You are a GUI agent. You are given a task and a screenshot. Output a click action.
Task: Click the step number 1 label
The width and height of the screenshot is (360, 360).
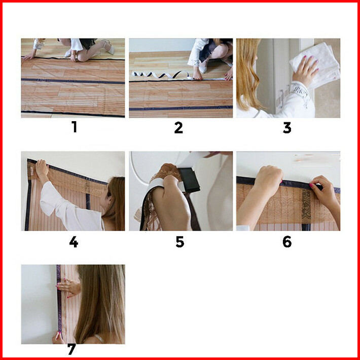pyautogui.click(x=75, y=127)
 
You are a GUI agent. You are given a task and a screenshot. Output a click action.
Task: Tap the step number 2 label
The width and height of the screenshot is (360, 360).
pyautogui.click(x=178, y=128)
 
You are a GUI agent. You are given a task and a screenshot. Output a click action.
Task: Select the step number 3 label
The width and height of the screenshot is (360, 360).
pyautogui.click(x=287, y=128)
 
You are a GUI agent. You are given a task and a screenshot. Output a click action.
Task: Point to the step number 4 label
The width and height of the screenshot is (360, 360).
pyautogui.click(x=74, y=242)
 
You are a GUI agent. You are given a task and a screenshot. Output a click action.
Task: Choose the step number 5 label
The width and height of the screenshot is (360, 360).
pyautogui.click(x=180, y=242)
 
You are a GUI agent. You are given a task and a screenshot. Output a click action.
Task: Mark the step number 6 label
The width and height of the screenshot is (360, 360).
pyautogui.click(x=287, y=242)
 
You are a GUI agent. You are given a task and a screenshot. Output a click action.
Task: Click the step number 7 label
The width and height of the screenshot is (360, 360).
pyautogui.click(x=71, y=349)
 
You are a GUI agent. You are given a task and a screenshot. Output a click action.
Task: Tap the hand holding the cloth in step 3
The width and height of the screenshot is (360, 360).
pyautogui.click(x=305, y=70)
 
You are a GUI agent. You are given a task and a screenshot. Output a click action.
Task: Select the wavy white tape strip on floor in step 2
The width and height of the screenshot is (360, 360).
pyautogui.click(x=161, y=75)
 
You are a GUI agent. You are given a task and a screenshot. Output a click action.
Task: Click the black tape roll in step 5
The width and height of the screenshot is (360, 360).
pyautogui.click(x=190, y=180)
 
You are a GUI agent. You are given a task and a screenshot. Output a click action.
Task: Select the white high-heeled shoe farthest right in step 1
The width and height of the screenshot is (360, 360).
pyautogui.click(x=109, y=47)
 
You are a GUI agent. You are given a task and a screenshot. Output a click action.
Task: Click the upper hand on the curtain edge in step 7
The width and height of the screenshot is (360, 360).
pyautogui.click(x=69, y=287)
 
